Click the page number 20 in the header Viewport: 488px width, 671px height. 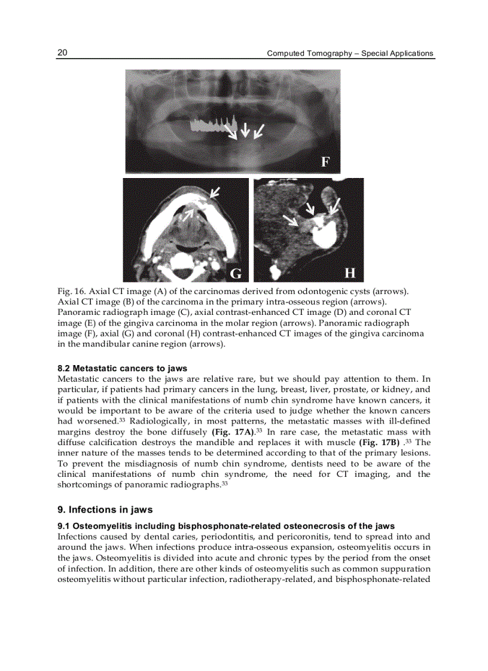coord(62,53)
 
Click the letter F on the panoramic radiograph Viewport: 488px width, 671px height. coord(326,161)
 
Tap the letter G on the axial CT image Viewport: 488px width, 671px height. coord(236,274)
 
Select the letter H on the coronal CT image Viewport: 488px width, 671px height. coord(350,273)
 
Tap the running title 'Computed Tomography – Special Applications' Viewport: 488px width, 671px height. coord(350,53)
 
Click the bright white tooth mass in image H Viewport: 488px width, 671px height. coord(324,235)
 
